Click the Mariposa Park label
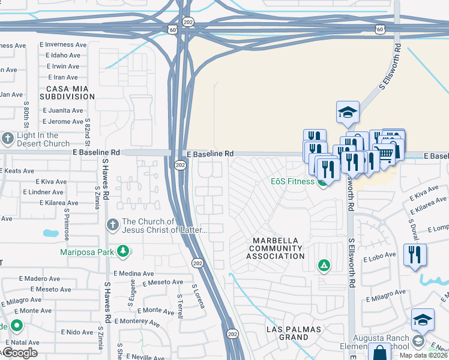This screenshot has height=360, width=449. coord(87,251)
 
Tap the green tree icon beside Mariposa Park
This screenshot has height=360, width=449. coord(124,250)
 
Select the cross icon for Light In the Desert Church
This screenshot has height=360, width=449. coord(7,139)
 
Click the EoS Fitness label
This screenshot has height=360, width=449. coord(292,181)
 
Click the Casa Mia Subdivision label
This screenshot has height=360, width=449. coord(67,92)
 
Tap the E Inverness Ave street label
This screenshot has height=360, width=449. coord(59,44)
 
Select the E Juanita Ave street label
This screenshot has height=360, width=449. coord(63,110)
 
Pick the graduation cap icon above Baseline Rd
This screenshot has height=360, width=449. coord(348,112)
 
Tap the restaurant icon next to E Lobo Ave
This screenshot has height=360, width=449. coord(414,254)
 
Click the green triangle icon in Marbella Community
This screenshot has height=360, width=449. coord(324,265)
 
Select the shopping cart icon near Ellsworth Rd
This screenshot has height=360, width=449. coord(384,155)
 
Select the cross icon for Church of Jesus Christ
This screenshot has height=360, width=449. coord(112,225)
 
